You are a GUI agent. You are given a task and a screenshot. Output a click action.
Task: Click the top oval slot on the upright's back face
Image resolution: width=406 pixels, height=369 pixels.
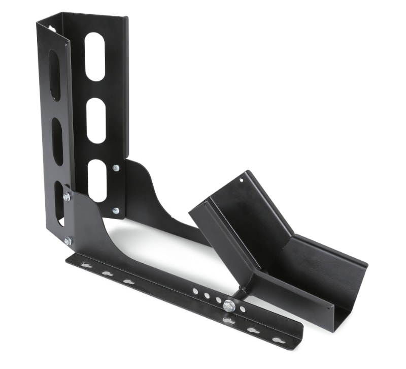tap(95, 56)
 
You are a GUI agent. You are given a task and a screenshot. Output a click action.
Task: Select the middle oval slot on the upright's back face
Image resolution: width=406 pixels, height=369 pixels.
tap(96, 120)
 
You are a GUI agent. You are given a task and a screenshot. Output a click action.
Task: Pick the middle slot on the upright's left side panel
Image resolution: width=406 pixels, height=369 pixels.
tap(57, 141)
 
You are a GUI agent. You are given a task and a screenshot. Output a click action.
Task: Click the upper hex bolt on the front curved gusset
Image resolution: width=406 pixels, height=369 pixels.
tap(66, 196)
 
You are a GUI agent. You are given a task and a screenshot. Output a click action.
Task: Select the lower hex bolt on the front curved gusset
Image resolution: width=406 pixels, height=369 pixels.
tap(68, 241)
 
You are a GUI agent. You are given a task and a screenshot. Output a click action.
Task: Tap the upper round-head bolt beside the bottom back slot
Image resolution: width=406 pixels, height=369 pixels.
tap(116, 167)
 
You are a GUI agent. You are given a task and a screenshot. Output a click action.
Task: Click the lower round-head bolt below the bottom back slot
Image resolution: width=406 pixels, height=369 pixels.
tap(116, 210)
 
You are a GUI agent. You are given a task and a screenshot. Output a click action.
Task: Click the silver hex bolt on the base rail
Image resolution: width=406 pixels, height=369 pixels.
tap(229, 305)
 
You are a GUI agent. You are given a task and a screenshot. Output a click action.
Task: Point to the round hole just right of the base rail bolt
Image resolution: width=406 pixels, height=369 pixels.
tap(243, 309)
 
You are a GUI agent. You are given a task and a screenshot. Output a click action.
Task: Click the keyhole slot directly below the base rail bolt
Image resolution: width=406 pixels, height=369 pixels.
tap(229, 320)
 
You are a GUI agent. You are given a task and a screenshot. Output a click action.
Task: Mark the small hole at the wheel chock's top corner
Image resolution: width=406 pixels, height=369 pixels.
tap(241, 179)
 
